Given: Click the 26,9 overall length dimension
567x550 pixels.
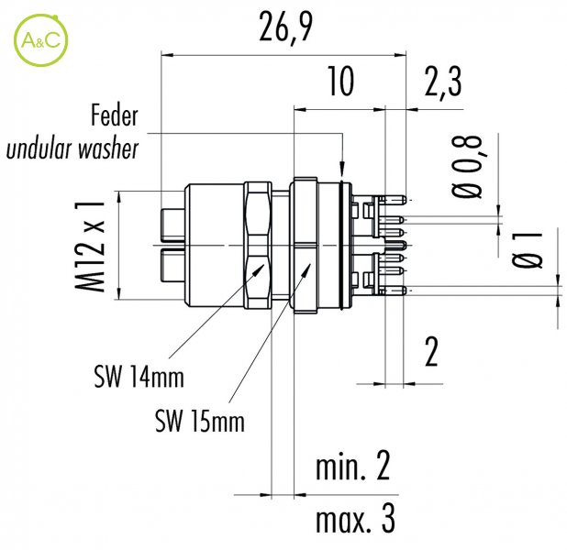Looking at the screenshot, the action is click(x=285, y=27).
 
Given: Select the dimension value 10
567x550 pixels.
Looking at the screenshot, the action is click(x=341, y=82).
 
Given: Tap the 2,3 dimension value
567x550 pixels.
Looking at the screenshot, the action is click(x=442, y=82).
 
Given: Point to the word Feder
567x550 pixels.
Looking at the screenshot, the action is click(x=115, y=115).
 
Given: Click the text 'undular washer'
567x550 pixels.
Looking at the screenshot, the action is click(x=72, y=148).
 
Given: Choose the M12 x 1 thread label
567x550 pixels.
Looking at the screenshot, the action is click(x=90, y=247).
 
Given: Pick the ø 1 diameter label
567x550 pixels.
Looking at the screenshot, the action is click(x=528, y=249).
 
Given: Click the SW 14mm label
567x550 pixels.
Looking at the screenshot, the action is click(x=139, y=377).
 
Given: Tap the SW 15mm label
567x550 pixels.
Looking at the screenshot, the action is click(x=200, y=421).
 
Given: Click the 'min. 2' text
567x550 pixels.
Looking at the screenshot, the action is click(x=353, y=467).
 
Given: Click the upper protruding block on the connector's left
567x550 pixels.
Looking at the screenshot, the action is click(x=172, y=225).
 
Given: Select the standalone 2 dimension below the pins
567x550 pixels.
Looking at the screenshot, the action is click(x=431, y=351).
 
